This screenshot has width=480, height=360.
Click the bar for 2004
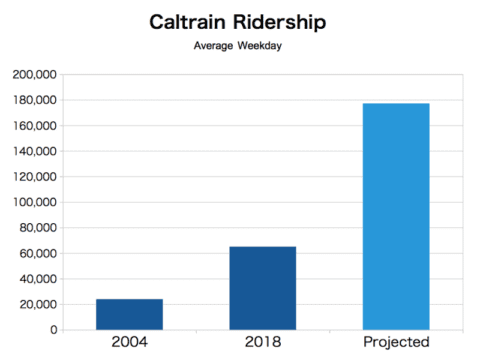(129, 314)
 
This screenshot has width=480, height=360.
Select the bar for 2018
(262, 288)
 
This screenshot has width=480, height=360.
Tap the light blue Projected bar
(395, 216)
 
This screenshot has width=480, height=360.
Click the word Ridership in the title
(283, 21)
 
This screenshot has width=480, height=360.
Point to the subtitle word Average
(214, 46)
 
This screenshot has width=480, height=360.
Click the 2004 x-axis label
(129, 343)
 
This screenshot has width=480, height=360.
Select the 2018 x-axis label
(262, 343)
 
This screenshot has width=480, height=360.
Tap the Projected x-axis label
(395, 343)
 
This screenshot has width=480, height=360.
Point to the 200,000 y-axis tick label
(35, 75)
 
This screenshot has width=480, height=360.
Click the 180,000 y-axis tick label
(35, 101)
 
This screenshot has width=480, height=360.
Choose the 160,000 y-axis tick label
(35, 126)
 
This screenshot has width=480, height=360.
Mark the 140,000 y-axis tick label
(35, 152)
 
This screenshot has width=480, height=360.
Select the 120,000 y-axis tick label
(35, 177)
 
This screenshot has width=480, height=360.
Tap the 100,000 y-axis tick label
(35, 203)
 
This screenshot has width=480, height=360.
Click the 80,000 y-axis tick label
(38, 228)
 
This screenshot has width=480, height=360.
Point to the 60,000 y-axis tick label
(38, 254)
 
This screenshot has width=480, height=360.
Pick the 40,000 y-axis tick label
(38, 279)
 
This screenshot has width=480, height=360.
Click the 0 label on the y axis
(52, 330)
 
